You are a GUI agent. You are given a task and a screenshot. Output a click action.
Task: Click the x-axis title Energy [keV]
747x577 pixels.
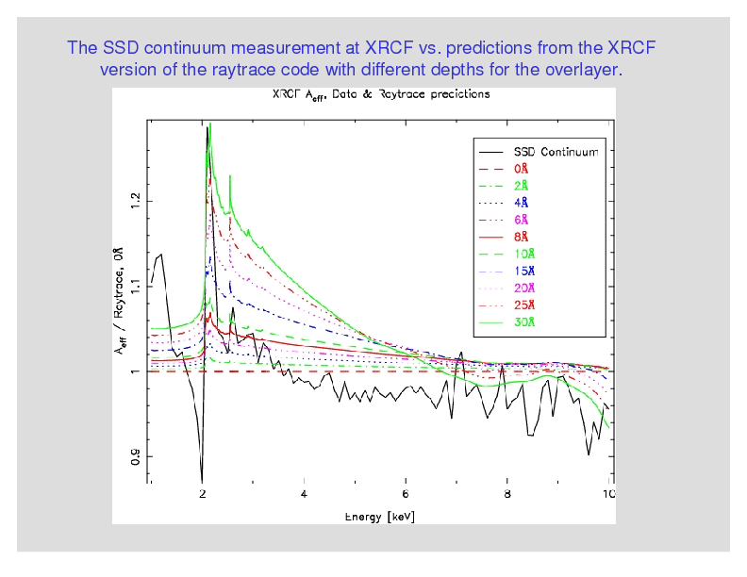(379, 518)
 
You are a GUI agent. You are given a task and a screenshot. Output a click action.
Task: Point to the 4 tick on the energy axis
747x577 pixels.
(304, 493)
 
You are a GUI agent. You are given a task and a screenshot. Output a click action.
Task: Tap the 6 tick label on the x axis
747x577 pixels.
(405, 493)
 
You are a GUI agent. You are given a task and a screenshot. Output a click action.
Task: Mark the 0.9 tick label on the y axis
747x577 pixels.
(136, 457)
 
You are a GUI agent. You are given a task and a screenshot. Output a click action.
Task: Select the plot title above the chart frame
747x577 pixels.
(380, 96)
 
